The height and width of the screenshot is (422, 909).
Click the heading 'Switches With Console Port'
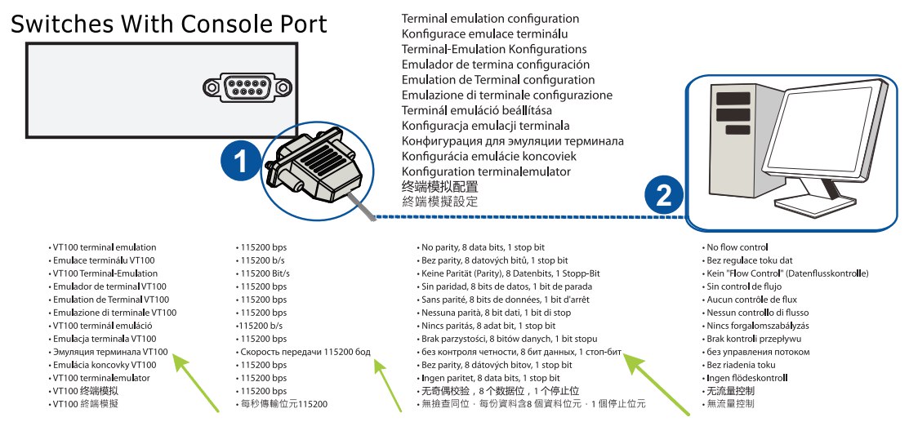pos(167,24)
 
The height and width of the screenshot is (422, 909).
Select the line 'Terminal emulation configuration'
pos(490,19)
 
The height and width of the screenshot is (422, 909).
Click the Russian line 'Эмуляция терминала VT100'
pos(110,352)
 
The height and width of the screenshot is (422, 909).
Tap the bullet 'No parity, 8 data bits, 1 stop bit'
pos(482,247)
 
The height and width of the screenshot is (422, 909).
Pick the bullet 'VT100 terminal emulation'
pos(104,247)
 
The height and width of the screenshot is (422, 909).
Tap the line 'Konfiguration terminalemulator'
pos(486,171)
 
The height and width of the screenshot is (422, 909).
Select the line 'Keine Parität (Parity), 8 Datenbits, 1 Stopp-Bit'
pos(510,273)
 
